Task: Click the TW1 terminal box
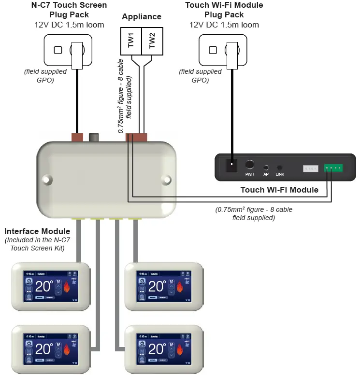(x=130, y=41)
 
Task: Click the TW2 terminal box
(x=152, y=41)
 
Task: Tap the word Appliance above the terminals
(x=142, y=16)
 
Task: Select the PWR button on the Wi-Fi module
(x=250, y=165)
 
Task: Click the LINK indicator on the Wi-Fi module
(x=280, y=167)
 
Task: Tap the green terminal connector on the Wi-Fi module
(x=333, y=168)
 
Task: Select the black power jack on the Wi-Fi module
(x=232, y=166)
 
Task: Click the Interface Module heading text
(x=37, y=232)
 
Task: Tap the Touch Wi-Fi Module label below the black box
(x=279, y=190)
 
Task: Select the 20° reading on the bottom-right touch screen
(x=157, y=348)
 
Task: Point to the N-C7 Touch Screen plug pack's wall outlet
(x=68, y=50)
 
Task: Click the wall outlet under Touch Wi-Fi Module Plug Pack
(x=223, y=50)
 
